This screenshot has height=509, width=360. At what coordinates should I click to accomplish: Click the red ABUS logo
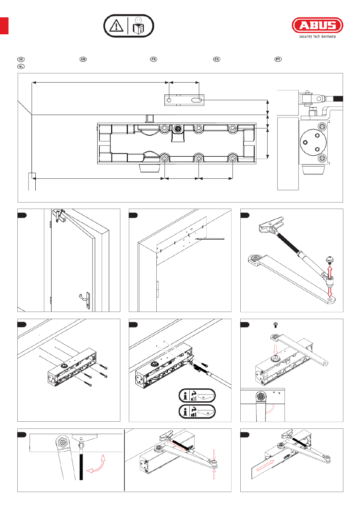(x=317, y=25)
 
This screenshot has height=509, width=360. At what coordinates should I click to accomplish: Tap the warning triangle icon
(x=116, y=26)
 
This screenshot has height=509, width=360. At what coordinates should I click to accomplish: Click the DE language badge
(x=21, y=59)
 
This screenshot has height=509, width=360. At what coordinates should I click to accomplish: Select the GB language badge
(x=83, y=59)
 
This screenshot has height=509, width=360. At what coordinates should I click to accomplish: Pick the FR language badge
(x=154, y=59)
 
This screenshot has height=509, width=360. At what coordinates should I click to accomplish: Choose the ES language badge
(x=217, y=59)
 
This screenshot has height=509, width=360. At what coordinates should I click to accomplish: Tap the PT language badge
(x=278, y=59)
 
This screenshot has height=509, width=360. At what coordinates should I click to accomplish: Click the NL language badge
(x=21, y=67)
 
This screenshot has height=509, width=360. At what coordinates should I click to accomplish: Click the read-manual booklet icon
(x=138, y=26)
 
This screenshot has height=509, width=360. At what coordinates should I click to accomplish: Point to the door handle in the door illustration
(x=85, y=299)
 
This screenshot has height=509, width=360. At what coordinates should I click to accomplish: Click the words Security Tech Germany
(x=317, y=37)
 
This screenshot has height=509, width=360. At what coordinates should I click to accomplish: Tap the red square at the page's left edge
(x=4, y=26)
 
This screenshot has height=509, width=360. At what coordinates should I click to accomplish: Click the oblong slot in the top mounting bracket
(x=196, y=100)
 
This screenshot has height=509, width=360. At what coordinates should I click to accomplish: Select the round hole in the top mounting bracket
(x=169, y=100)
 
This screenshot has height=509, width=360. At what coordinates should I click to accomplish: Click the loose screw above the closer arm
(x=276, y=325)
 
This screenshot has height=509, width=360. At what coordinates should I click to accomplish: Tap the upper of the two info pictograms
(x=197, y=396)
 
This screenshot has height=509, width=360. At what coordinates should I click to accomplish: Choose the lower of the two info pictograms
(x=197, y=412)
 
